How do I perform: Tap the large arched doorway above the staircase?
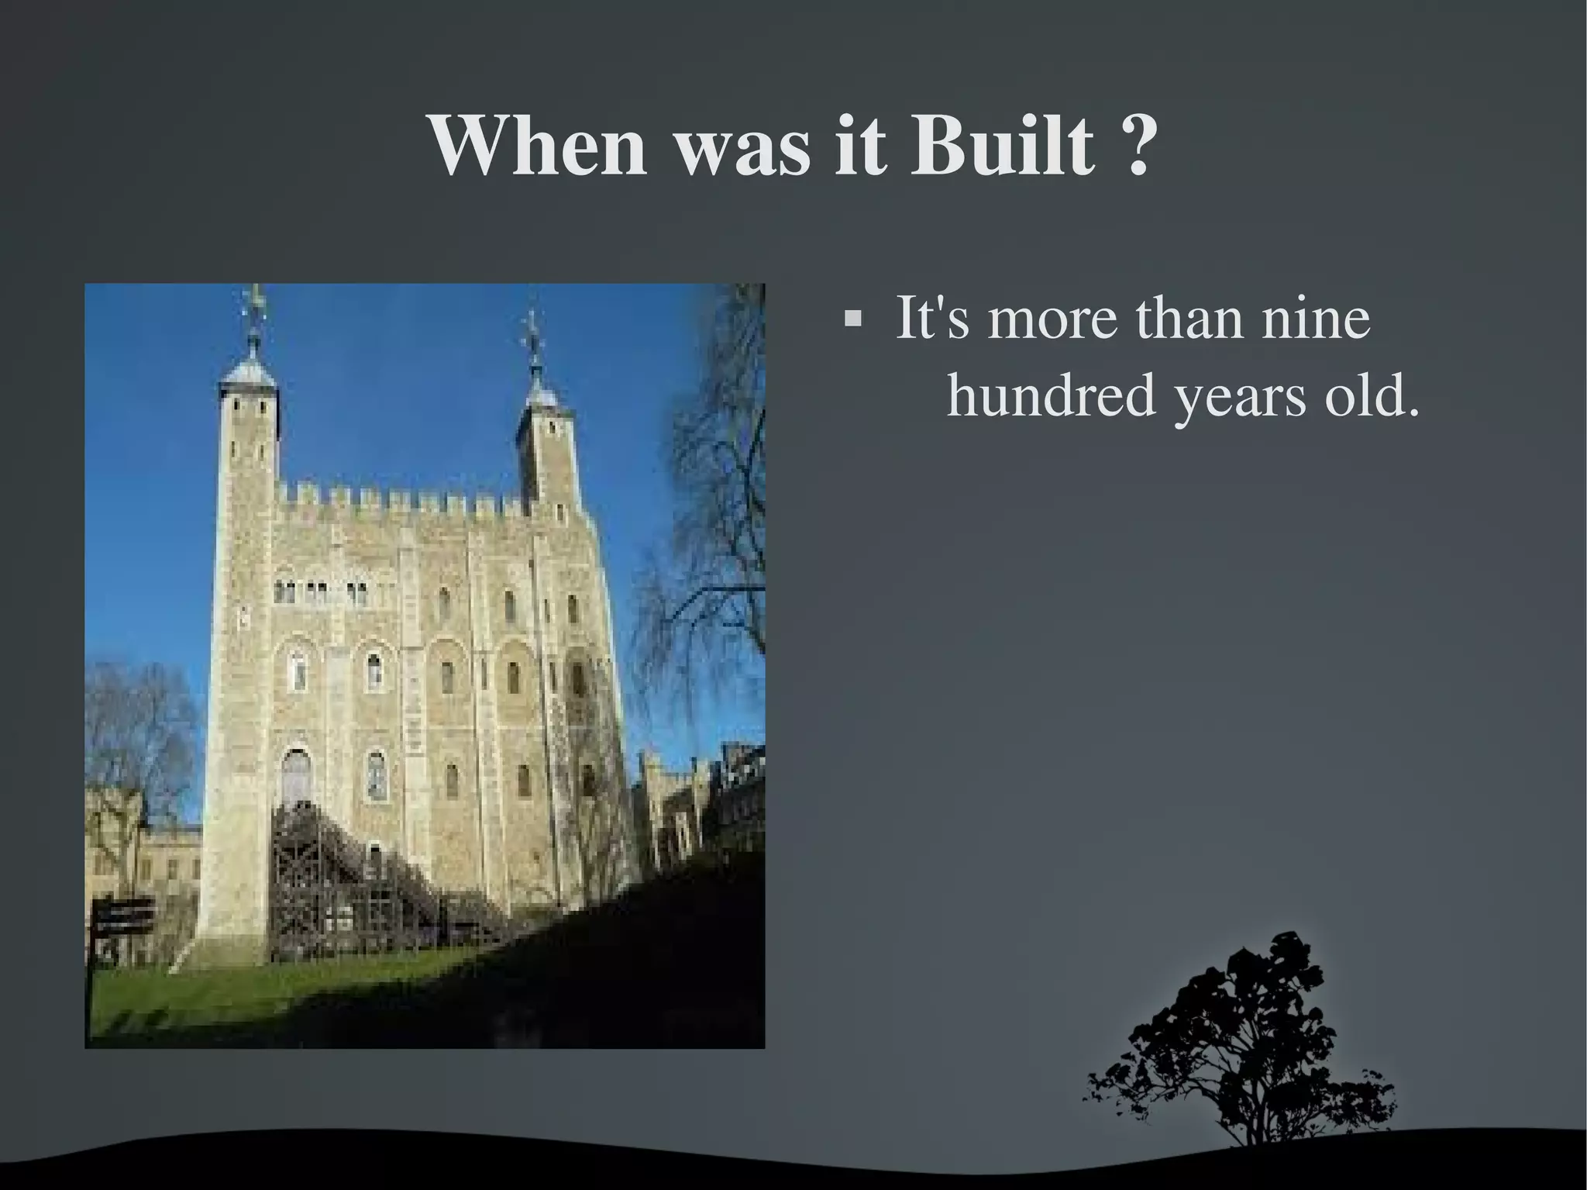[x=296, y=775]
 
